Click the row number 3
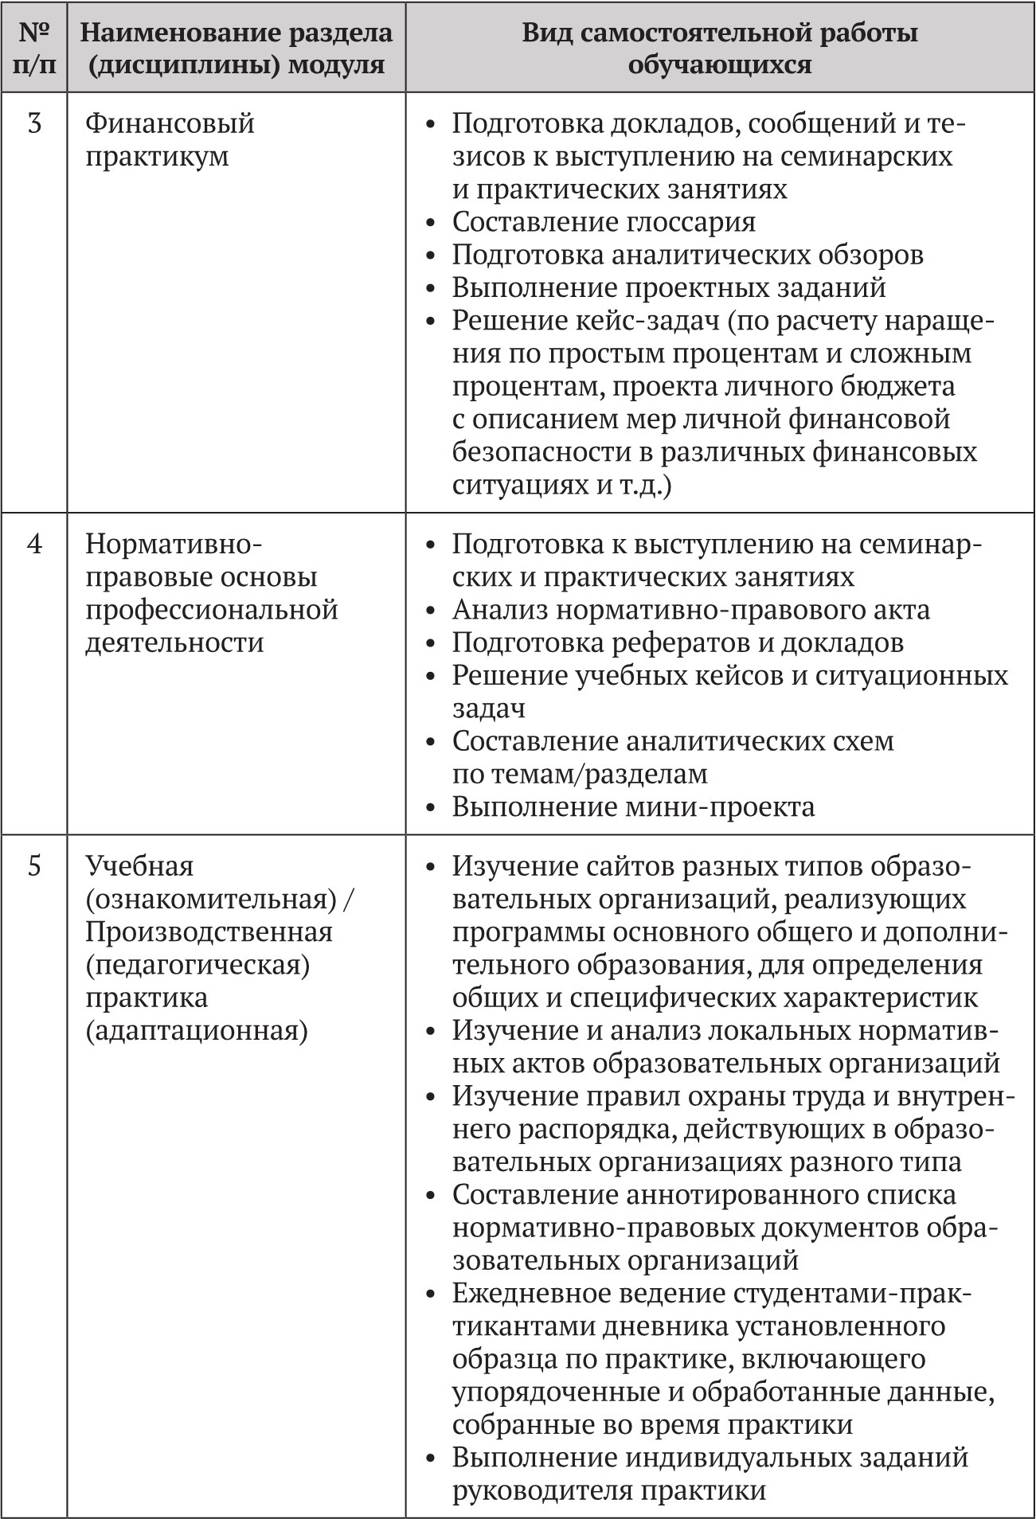34,124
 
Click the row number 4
34,545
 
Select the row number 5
34,866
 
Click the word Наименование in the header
168,33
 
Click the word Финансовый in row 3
170,124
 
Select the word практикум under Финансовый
157,157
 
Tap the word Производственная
209,932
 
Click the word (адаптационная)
196,1031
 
